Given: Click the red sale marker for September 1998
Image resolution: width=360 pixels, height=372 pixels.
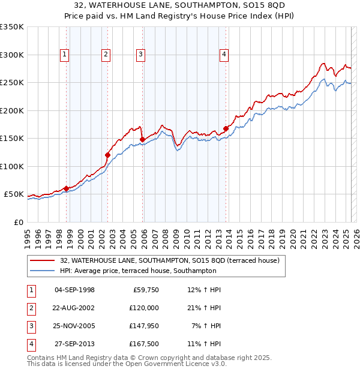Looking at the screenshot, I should pos(66,188).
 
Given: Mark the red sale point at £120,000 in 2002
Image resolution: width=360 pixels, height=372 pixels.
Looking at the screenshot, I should pos(107,155).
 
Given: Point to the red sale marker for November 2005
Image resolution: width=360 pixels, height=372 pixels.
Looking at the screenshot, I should pos(142,140).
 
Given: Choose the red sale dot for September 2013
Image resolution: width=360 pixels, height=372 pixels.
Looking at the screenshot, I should pos(226,128).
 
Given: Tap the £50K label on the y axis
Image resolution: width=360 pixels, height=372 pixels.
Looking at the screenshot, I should pos(14,194).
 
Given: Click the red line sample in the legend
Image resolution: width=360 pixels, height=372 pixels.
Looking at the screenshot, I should pos(43,261).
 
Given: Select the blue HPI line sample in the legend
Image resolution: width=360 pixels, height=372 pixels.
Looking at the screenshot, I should pos(43,271).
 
